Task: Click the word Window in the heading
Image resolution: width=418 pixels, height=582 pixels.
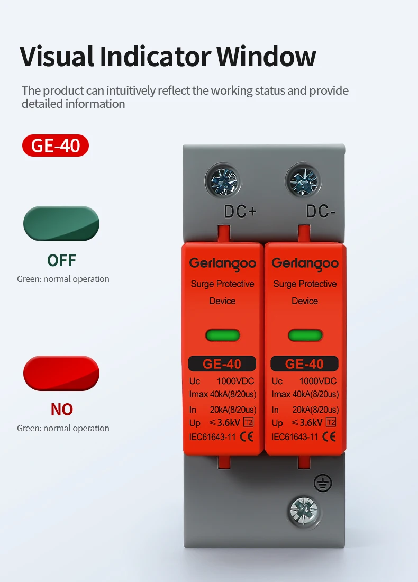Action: (266, 57)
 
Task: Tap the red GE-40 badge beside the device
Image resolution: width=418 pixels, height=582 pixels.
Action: (56, 145)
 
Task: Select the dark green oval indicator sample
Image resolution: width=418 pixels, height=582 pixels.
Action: (61, 223)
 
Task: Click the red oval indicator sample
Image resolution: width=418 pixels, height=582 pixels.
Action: (61, 373)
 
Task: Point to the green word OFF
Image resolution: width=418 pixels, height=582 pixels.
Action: (61, 260)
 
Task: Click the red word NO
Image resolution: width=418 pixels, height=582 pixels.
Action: (61, 410)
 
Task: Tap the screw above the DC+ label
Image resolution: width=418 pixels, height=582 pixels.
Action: (223, 181)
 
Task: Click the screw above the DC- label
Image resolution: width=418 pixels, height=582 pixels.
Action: (304, 181)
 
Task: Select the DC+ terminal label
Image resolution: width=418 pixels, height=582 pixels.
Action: (240, 212)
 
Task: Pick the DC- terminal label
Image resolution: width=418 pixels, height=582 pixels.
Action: (321, 212)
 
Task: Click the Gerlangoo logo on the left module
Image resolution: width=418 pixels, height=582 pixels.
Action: (223, 264)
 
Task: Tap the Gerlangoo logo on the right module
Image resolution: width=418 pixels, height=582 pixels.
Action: (305, 264)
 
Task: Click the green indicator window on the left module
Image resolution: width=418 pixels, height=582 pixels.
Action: (223, 335)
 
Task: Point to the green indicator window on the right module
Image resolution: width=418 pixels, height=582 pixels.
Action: (305, 335)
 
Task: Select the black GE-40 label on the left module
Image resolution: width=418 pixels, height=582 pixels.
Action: (222, 364)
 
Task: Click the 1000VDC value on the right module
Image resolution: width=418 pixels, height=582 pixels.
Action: (318, 381)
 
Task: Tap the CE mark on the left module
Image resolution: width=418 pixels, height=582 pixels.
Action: (247, 436)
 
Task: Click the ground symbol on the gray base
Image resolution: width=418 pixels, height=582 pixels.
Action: (323, 483)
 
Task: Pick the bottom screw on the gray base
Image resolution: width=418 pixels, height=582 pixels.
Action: (304, 511)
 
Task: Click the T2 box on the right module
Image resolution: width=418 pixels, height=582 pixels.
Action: (331, 422)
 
